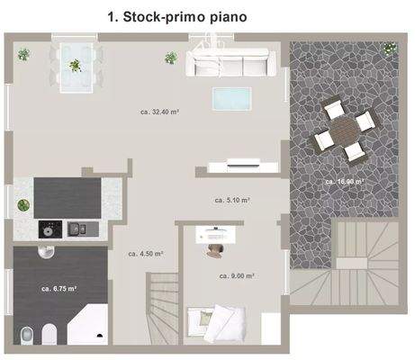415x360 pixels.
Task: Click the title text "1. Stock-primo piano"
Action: pos(176,16)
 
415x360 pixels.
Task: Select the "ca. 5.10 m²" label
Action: pos(232,200)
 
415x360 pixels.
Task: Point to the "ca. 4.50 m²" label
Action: pos(146,254)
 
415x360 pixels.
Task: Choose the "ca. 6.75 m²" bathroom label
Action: pos(59,289)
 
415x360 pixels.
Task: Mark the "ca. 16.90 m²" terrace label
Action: pos(345,182)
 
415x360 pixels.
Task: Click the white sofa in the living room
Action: pos(230,63)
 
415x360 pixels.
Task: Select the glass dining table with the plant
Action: pos(75,65)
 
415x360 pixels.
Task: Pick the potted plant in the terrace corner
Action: pos(388,48)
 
